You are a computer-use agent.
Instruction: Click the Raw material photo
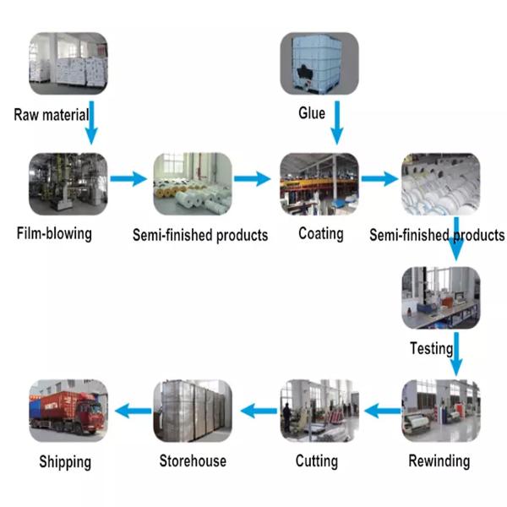68,63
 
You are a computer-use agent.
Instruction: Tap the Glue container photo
319,64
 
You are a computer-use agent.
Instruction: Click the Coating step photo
319,182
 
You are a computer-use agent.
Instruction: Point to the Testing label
431,347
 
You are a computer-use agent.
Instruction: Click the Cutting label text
317,461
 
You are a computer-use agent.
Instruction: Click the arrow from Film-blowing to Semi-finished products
128,178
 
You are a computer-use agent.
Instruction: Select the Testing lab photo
439,297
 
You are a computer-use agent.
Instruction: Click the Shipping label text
65,462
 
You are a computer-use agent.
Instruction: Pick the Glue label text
312,112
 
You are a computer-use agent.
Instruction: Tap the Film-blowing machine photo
68,182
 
